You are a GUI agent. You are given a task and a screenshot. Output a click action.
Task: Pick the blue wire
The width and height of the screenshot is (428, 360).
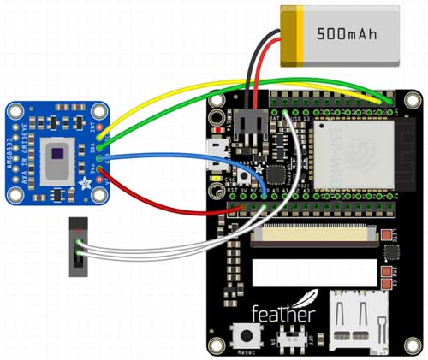point(171,156)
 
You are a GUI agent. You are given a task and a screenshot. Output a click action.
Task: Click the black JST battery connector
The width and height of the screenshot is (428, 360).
point(253,124)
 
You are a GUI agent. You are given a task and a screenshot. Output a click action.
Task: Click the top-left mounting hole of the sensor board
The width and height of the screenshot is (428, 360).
point(16,112)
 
